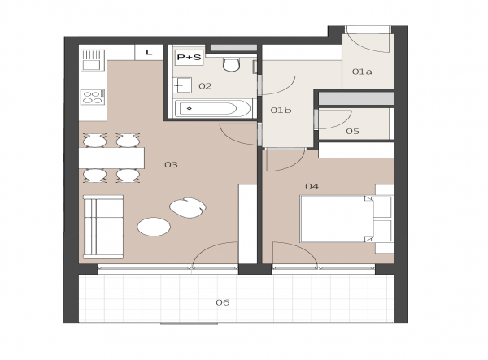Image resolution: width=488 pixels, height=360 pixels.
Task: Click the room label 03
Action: (x=171, y=164)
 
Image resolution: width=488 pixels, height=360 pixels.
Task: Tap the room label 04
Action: (x=312, y=186)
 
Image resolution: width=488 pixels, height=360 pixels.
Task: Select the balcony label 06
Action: (x=223, y=302)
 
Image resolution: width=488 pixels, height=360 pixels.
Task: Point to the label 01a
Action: (x=362, y=72)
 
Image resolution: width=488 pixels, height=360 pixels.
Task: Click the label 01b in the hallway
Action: (x=281, y=110)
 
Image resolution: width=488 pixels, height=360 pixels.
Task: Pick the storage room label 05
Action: (x=353, y=131)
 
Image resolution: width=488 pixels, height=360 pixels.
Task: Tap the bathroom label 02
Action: (x=205, y=86)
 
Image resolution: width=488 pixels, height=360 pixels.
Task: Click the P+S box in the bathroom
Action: (x=189, y=58)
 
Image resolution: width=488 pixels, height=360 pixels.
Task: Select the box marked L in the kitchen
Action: (x=149, y=52)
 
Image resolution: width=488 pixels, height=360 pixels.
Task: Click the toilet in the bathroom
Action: (x=231, y=63)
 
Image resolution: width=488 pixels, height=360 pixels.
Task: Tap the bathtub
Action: (x=212, y=109)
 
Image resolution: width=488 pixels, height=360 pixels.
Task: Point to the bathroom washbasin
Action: (x=181, y=85)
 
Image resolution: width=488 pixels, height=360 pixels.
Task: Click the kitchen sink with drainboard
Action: (x=93, y=60)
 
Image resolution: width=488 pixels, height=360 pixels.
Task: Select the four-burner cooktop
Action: (x=93, y=97)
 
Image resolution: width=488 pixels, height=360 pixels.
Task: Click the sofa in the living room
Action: (x=103, y=227)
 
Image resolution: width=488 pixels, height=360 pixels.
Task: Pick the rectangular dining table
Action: (x=111, y=158)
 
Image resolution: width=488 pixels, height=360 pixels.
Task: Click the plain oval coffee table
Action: (x=154, y=227)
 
